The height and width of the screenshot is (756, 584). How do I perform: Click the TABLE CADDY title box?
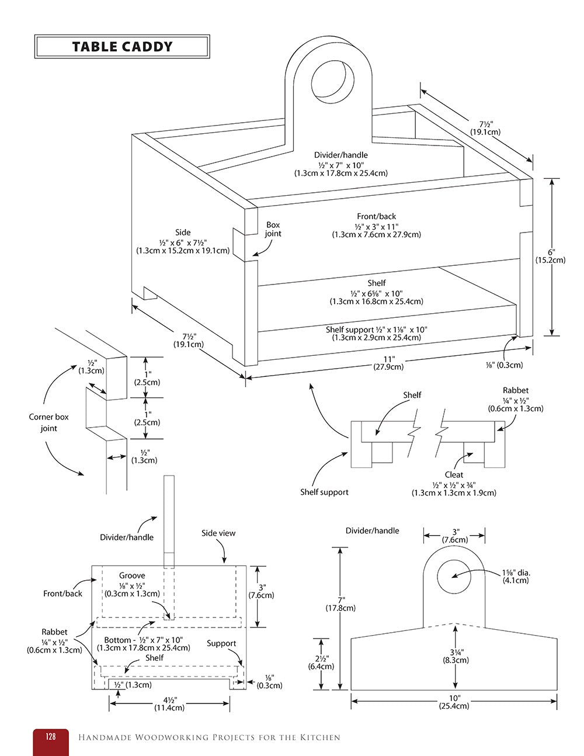(122, 47)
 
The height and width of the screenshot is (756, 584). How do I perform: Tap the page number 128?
(51, 737)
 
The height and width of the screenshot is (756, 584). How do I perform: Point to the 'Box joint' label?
(273, 229)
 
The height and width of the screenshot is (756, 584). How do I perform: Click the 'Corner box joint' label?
(48, 422)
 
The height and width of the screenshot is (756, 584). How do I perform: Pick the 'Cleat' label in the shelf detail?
(454, 475)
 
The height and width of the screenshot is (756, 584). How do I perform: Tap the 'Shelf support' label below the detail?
(324, 492)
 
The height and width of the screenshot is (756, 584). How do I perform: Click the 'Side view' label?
(218, 533)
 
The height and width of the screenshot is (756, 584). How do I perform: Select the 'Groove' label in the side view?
(132, 575)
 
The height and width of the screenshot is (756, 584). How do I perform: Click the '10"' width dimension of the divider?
(454, 698)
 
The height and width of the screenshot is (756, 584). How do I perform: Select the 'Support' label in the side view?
(221, 643)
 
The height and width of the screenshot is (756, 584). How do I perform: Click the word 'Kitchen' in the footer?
(320, 737)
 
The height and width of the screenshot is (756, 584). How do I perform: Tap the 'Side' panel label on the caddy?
(183, 233)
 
